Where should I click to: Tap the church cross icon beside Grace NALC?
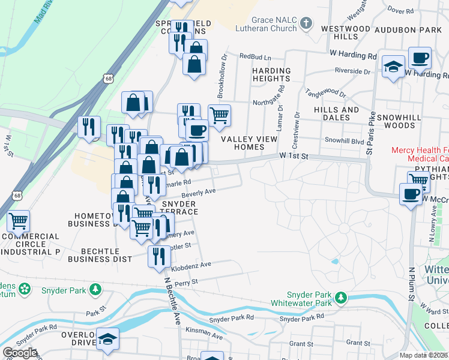pyautogui.click(x=306, y=23)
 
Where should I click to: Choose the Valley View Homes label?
pyautogui.click(x=249, y=143)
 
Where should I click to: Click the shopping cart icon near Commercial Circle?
pyautogui.click(x=18, y=221)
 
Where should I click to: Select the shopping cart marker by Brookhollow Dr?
pyautogui.click(x=219, y=114)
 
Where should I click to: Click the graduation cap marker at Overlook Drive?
pyautogui.click(x=108, y=340)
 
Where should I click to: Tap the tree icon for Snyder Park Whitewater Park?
pyautogui.click(x=341, y=297)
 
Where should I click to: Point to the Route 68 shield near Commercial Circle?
pyautogui.click(x=17, y=196)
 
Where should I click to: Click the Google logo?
pyautogui.click(x=20, y=353)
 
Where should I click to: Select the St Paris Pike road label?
pyautogui.click(x=370, y=133)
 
